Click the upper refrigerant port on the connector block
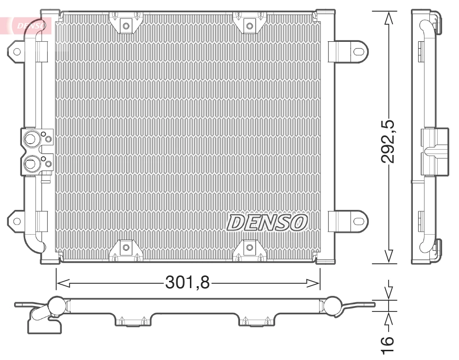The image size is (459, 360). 31,140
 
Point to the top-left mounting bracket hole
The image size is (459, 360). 126,26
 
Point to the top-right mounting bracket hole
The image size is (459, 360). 250,26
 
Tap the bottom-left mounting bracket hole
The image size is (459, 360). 126,248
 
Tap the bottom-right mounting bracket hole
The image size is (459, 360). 250,248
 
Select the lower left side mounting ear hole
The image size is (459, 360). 17,221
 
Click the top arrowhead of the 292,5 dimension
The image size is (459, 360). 388,17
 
